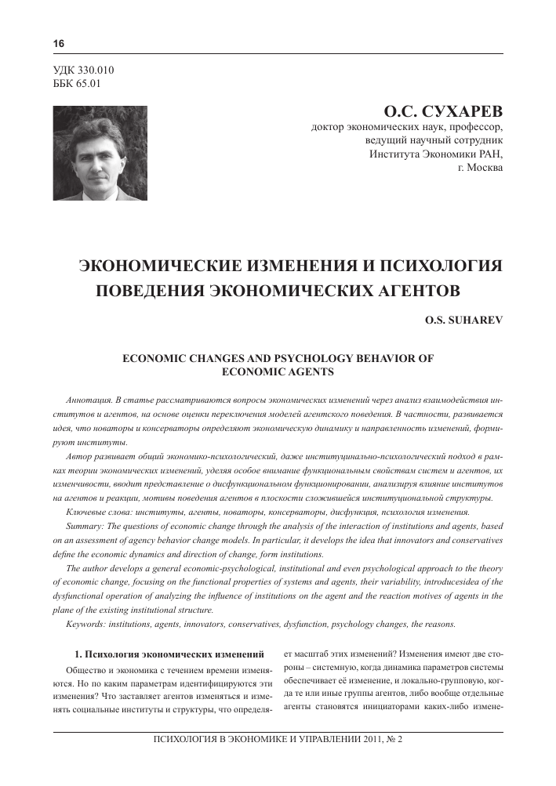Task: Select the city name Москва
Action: tap(485, 167)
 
